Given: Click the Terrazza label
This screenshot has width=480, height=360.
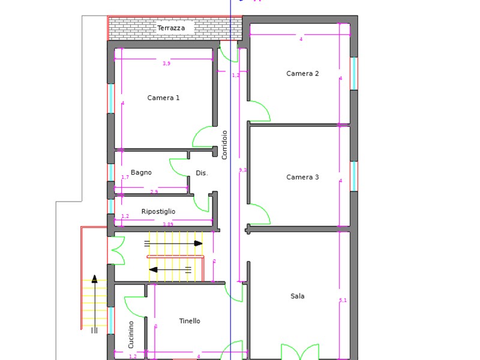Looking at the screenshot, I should pos(171,28).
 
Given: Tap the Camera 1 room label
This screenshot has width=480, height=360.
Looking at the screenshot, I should pos(163,98).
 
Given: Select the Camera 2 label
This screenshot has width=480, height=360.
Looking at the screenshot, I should pos(302,74).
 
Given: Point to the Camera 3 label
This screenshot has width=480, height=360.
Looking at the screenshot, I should pos(302,177).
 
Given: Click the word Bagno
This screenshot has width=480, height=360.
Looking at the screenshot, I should pos(141,173).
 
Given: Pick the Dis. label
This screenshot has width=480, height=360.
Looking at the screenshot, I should pos(202,173).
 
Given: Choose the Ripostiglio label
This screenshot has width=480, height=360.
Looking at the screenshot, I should pos(158,212).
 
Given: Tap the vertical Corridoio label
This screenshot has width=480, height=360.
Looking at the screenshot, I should pos(225,145).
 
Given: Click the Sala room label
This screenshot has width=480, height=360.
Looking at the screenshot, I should pos(298,296).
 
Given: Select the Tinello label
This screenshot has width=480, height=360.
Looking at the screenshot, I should pos(190,321).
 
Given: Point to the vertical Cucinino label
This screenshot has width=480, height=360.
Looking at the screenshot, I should pos(131,334).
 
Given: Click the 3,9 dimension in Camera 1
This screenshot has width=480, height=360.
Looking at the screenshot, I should pos(166,64).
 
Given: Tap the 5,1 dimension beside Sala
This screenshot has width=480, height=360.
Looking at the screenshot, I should pos(343,300).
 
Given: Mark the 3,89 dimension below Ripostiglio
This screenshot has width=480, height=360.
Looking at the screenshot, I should pos(168,224).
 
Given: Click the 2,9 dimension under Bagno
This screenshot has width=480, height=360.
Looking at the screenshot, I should pos(154,192).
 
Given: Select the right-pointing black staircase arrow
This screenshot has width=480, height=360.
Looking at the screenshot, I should pos(198,243).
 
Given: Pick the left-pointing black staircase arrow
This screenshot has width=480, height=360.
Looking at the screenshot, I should pos(154,269).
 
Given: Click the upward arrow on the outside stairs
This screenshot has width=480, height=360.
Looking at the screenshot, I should pos(94,278).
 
